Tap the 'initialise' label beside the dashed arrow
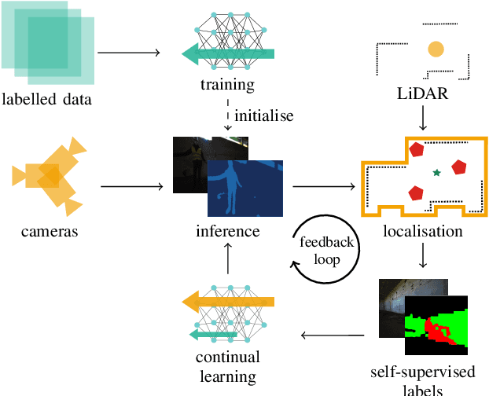[264, 115]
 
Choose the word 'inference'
[227, 231]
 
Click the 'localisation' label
[423, 231]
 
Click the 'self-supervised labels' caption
[423, 380]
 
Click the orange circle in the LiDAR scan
[435, 49]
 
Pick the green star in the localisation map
[436, 171]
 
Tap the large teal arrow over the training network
[227, 53]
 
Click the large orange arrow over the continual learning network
[227, 301]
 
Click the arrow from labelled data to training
[131, 53]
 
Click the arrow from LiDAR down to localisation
[423, 119]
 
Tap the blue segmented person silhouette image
[244, 189]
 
